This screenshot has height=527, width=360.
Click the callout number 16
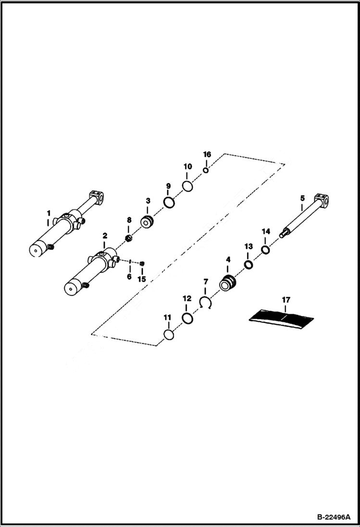pyautogui.click(x=207, y=155)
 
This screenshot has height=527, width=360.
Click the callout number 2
pyautogui.click(x=105, y=236)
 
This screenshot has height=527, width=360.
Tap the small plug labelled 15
pyautogui.click(x=142, y=263)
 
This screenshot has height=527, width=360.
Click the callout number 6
pyautogui.click(x=129, y=277)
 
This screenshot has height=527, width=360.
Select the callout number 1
pyautogui.click(x=48, y=212)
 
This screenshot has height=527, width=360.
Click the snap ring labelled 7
pyautogui.click(x=206, y=303)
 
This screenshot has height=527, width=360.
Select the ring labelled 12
pyautogui.click(x=187, y=318)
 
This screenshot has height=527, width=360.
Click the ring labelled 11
pyautogui.click(x=168, y=335)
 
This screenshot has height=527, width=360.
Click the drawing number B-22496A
pyautogui.click(x=335, y=518)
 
